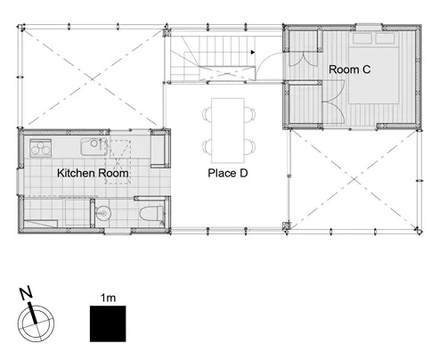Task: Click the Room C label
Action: point(350,70)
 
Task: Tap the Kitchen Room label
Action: point(93,173)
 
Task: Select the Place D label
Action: point(228,173)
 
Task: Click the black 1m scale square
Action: point(108,323)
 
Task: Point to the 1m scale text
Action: point(108,298)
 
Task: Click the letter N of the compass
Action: point(26,293)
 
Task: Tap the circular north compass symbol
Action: point(36,323)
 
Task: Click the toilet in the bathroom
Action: point(151,213)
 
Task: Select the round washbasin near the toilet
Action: point(103,213)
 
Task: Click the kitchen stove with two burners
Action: point(41,148)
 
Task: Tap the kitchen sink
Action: point(93,147)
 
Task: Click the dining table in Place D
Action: point(228,130)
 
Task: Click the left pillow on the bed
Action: point(362,38)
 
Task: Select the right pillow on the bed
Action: point(385,38)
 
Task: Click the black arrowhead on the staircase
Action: point(253,53)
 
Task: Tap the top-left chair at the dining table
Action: point(207,114)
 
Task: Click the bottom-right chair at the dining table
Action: point(250,147)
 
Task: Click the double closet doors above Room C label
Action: point(303,59)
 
